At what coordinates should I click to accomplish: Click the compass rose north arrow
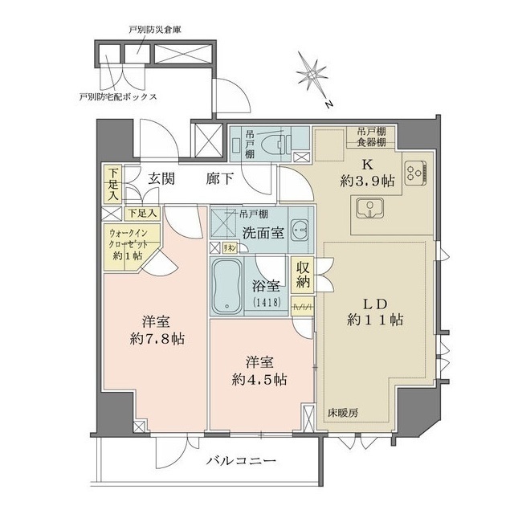[312, 75]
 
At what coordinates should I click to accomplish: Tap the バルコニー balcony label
[240, 461]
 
